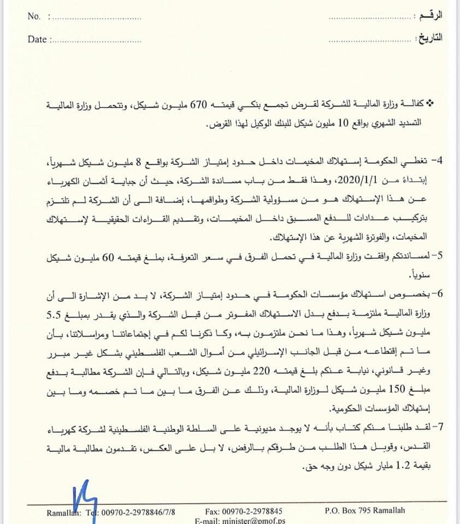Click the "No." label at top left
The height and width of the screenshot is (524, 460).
tap(33, 16)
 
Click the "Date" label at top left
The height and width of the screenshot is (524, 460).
tap(37, 39)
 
